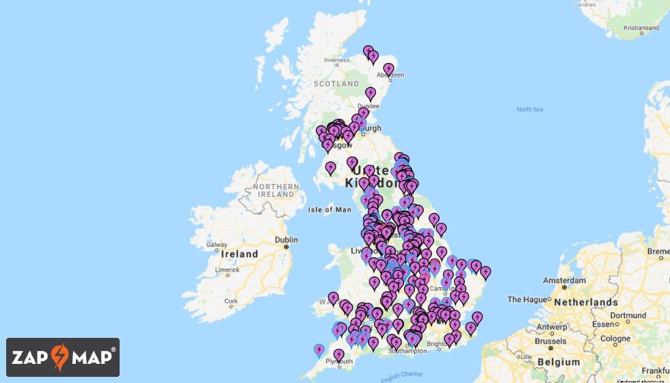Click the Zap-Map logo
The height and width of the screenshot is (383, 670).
pyautogui.click(x=63, y=357)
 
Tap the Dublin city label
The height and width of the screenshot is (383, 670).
pyautogui.click(x=286, y=240)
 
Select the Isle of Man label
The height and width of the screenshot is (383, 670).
pyautogui.click(x=330, y=209)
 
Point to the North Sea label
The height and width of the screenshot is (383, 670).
pyautogui.click(x=529, y=109)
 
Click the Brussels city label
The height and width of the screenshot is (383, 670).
pyautogui.click(x=551, y=341)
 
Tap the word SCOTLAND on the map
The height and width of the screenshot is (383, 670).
pyautogui.click(x=336, y=83)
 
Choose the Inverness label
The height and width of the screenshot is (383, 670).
pyautogui.click(x=336, y=60)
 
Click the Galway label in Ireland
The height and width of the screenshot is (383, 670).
pyautogui.click(x=216, y=244)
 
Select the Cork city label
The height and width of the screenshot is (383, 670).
pyautogui.click(x=231, y=301)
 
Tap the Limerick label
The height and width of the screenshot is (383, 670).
pyautogui.click(x=227, y=270)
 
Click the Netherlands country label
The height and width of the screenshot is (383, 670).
pyautogui.click(x=586, y=302)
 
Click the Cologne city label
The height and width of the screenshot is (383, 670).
pyautogui.click(x=615, y=339)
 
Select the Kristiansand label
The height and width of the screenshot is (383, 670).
pyautogui.click(x=641, y=28)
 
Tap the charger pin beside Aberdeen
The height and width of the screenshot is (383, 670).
pyautogui.click(x=388, y=68)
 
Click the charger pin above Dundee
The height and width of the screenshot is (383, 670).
pyautogui.click(x=371, y=92)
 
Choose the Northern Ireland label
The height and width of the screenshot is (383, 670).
pyautogui.click(x=276, y=190)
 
